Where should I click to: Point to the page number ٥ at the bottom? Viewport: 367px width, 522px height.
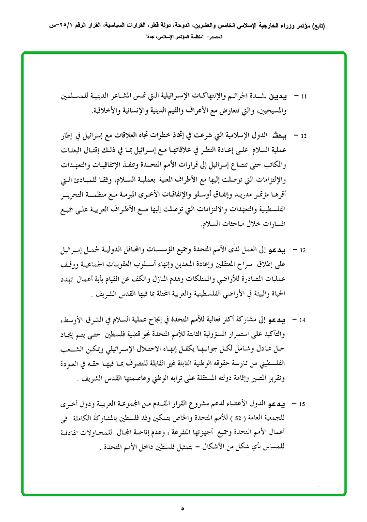[x=183, y=508]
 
